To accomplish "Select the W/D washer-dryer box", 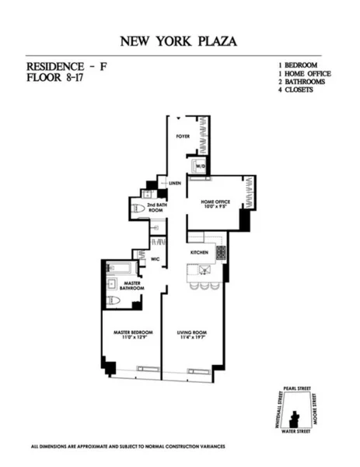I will (x=199, y=167).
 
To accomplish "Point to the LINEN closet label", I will (x=175, y=184).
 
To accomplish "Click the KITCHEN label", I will (x=200, y=253).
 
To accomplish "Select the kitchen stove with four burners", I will (x=220, y=252).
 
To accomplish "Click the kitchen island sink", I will (x=204, y=270).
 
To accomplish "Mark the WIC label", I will (x=156, y=258).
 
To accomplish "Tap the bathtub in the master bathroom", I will (x=122, y=268).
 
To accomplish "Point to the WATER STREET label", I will (x=295, y=430).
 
